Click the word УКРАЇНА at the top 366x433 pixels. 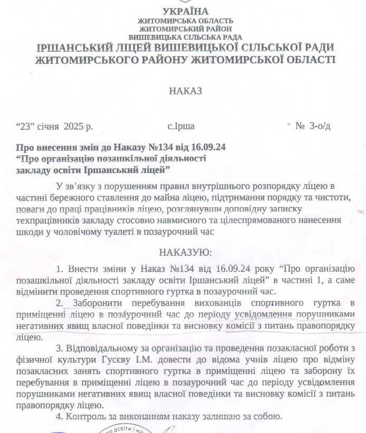click(186, 12)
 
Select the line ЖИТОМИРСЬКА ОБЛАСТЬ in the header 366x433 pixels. click(186, 21)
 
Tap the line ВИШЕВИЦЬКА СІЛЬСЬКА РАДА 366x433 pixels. click(186, 37)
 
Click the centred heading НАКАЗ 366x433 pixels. click(186, 91)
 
